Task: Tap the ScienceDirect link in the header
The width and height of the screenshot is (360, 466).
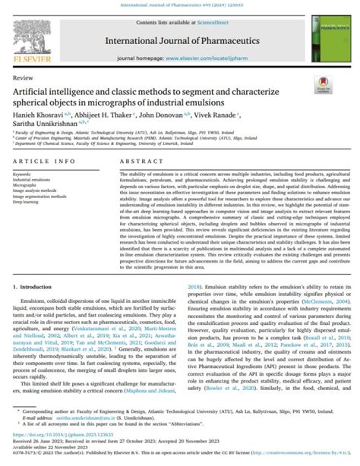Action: pos(209,25)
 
